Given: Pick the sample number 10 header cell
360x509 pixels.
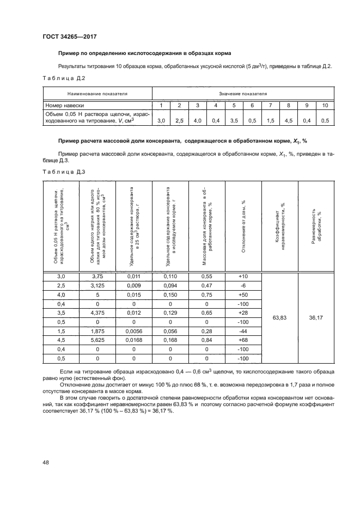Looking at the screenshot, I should click(325, 105).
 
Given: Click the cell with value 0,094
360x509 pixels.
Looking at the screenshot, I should click(170, 285).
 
